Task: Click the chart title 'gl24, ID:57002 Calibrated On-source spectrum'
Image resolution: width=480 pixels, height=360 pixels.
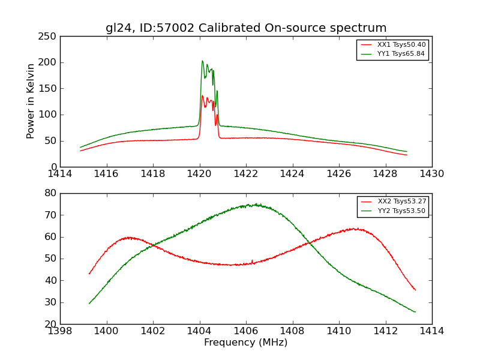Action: pos(246,28)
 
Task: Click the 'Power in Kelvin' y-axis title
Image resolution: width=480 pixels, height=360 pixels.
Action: pos(31,101)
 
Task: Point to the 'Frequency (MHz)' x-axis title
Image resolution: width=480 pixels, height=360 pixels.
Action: pos(246,343)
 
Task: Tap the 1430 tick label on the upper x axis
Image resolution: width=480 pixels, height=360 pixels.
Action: pos(432,173)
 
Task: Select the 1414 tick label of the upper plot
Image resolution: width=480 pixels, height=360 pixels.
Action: pos(61,173)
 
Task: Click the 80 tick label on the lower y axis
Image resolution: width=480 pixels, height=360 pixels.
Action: pos(50,193)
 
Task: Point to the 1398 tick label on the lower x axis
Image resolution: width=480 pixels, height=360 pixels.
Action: pos(61,331)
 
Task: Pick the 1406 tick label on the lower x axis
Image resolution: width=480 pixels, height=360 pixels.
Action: pos(246,331)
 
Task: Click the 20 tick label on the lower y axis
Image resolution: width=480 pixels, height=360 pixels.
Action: pos(50,324)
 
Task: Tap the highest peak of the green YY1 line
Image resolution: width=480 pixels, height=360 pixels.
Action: pos(202,61)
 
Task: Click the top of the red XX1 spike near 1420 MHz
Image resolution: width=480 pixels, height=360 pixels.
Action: pos(202,95)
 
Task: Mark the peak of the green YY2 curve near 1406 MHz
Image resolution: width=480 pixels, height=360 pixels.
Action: pos(255,204)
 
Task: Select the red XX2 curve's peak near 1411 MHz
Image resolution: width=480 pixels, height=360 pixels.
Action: pos(355,228)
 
